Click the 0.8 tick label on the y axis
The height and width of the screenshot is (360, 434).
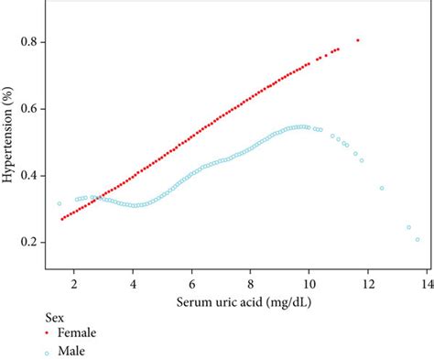tap(30, 42)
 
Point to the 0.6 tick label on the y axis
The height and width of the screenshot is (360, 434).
tap(30, 108)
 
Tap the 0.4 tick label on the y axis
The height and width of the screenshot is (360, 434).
tap(30, 175)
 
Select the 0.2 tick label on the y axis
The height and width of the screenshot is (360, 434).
tap(30, 242)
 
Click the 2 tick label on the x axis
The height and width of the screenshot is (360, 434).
tap(74, 283)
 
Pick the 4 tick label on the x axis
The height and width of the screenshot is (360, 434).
tap(133, 283)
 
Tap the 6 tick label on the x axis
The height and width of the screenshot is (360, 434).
tap(191, 283)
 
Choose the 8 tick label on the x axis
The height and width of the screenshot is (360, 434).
tap(250, 283)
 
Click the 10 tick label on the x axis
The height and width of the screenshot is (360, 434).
tap(309, 283)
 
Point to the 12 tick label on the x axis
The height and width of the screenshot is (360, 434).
tap(367, 283)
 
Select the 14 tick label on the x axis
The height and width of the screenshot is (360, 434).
tap(425, 283)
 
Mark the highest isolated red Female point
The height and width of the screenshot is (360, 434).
tap(358, 40)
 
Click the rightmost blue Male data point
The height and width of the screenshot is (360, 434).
tap(418, 240)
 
